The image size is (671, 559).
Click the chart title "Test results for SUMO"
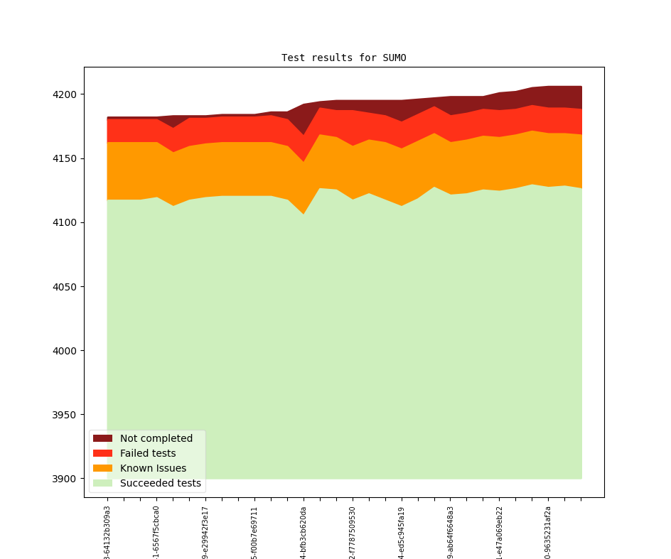tap(343, 58)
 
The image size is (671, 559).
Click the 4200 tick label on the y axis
tap(65, 94)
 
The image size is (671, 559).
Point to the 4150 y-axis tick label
tap(65, 158)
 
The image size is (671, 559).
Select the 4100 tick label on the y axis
tap(65, 222)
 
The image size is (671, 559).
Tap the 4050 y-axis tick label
tap(65, 287)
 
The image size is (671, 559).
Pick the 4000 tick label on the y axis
tap(65, 351)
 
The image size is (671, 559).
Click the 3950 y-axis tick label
tap(65, 415)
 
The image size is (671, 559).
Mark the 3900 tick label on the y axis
tap(65, 479)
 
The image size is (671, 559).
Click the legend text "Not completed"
tap(156, 438)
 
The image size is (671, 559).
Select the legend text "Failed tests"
tap(148, 453)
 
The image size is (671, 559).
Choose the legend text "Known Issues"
tap(153, 468)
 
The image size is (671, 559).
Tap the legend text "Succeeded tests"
tap(160, 483)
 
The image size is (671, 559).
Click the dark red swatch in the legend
tap(103, 438)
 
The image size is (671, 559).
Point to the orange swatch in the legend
tap(103, 468)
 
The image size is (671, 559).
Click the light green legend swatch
tap(103, 483)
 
